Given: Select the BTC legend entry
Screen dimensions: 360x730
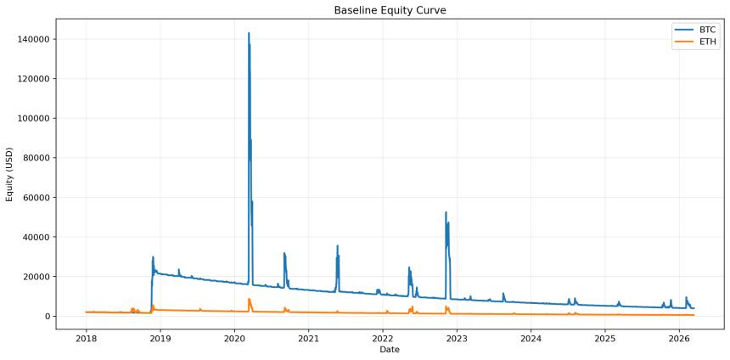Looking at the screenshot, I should (x=707, y=29).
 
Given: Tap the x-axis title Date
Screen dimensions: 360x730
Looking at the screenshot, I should (x=390, y=349).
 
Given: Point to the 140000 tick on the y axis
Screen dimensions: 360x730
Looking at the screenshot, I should (x=32, y=39).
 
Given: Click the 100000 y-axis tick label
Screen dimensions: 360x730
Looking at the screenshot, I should (x=32, y=118).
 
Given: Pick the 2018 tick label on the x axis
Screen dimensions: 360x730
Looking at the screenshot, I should (x=86, y=337).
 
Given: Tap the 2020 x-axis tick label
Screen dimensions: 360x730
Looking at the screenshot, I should (x=234, y=337).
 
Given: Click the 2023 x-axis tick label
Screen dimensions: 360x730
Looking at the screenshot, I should (x=457, y=337).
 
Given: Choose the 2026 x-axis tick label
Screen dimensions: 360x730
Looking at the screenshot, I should (x=679, y=337).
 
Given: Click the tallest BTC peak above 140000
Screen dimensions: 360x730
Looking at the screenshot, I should (x=249, y=33).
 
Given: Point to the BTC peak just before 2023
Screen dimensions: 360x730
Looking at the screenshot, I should (x=446, y=212).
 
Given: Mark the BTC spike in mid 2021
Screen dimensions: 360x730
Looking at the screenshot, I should (x=338, y=246).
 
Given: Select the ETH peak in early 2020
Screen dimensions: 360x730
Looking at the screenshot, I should (x=249, y=299).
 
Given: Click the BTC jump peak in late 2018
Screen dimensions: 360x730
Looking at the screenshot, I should (x=153, y=256).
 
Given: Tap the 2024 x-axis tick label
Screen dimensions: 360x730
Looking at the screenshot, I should (x=531, y=337).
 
